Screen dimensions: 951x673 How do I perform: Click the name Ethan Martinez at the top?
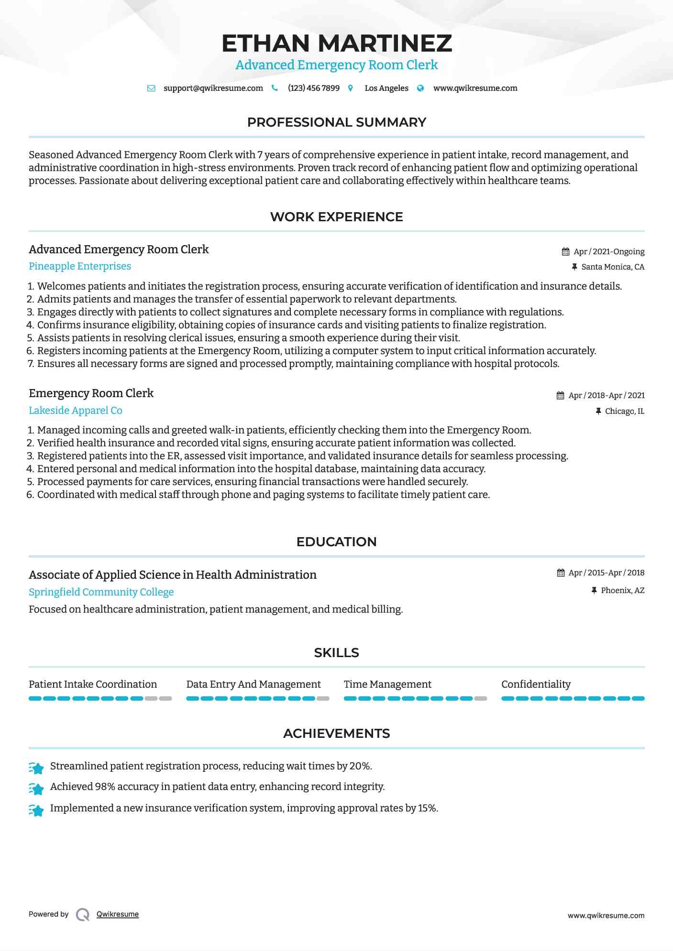click(336, 43)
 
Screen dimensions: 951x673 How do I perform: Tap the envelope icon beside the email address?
click(151, 88)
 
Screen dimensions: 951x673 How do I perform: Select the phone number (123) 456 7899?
click(314, 88)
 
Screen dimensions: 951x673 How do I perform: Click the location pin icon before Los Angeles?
click(351, 88)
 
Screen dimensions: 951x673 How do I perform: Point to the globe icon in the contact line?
click(420, 88)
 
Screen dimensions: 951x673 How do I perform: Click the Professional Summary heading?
click(336, 122)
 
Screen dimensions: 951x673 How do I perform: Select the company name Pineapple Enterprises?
click(80, 266)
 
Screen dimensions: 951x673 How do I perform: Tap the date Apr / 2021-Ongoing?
click(609, 252)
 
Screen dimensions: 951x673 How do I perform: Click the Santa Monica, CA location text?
click(613, 267)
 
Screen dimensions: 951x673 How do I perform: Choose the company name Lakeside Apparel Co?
click(76, 411)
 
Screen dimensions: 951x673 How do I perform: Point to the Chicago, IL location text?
click(625, 411)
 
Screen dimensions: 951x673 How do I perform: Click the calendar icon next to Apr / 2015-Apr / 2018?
click(561, 573)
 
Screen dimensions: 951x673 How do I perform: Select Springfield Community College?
click(101, 592)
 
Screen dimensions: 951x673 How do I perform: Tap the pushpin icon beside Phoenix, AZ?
click(594, 591)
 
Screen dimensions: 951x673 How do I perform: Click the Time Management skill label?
click(387, 684)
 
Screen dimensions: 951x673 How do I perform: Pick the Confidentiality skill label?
click(536, 684)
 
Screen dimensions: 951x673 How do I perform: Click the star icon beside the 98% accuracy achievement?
click(36, 788)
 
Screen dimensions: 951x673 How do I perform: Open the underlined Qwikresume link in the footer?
click(118, 914)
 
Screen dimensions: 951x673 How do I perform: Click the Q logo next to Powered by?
click(83, 915)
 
